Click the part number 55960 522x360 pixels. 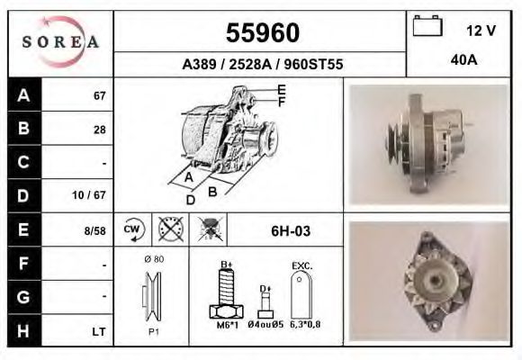point(262,33)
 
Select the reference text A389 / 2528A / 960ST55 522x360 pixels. point(262,65)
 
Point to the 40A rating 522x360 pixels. point(463,59)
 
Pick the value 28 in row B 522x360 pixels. point(99,129)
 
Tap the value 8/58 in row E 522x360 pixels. point(94,230)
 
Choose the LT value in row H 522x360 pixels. point(99,332)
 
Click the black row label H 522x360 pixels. point(23,331)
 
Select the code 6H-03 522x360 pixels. point(291,231)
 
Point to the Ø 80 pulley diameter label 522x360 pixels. point(153,259)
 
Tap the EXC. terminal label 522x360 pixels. point(301,265)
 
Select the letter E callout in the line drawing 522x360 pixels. point(282,89)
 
